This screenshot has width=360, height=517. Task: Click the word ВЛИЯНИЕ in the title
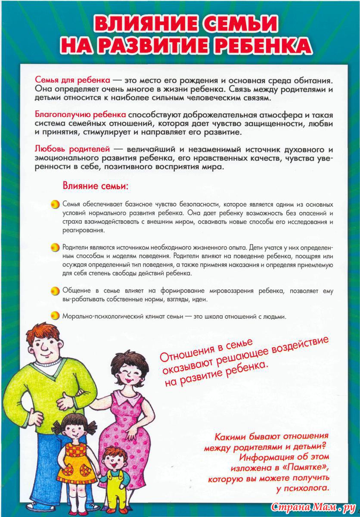(141, 25)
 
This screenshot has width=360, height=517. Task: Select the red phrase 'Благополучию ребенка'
(80, 115)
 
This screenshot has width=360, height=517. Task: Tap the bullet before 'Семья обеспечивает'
(55, 204)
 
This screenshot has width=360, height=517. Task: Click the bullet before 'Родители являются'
(55, 248)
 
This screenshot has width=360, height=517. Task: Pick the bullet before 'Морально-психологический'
(55, 316)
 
